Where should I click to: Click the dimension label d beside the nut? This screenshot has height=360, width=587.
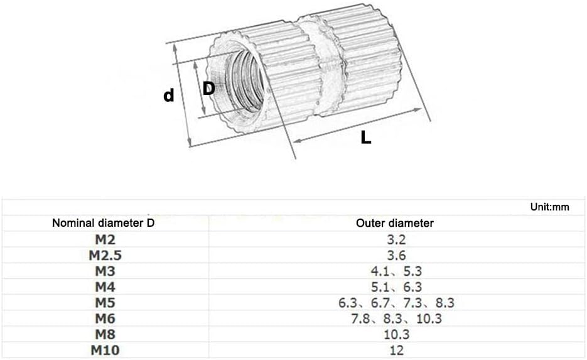point(168,95)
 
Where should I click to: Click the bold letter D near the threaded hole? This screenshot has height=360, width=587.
point(209,89)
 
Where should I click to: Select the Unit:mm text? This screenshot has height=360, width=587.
point(549,207)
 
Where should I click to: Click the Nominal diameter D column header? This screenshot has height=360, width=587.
point(103,223)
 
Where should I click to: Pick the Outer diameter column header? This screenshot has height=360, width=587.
point(394,223)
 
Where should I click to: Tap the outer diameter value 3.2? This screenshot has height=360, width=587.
point(396,239)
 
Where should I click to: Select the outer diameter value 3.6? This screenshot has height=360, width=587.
point(396,255)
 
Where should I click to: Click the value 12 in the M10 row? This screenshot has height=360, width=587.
point(396,350)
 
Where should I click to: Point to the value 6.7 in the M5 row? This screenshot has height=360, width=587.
point(379,303)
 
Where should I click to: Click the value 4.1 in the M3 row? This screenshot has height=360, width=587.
point(378,271)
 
